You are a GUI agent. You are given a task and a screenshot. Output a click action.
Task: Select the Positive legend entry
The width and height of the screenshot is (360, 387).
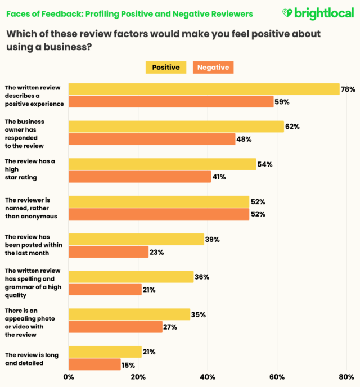tap(166, 67)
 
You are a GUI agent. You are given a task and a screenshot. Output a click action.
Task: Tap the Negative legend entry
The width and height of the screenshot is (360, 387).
tap(213, 67)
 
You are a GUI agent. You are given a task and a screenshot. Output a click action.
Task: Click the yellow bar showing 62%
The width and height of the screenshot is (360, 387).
tap(176, 127)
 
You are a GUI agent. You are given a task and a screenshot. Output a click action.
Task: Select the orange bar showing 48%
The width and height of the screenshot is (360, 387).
tap(152, 139)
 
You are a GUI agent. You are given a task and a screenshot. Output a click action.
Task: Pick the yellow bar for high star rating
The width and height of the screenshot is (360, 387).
tap(162, 164)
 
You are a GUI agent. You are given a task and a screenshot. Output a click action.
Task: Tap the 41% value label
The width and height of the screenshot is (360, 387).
tap(219, 177)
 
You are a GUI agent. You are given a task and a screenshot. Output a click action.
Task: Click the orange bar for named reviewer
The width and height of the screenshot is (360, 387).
tap(159, 214)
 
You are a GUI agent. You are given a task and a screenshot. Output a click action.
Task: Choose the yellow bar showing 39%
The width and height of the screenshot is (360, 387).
tap(136, 239)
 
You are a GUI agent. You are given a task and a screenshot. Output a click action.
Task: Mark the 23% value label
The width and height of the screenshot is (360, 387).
tap(156, 252)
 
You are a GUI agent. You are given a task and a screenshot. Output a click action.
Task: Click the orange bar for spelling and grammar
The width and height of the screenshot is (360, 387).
tap(105, 289)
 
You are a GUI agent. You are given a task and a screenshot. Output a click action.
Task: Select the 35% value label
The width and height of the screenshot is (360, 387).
tap(198, 314)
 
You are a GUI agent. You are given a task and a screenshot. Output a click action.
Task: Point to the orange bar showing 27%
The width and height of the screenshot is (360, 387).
tap(115, 327)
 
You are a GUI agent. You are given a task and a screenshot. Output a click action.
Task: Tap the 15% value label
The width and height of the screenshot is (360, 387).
tap(128, 364)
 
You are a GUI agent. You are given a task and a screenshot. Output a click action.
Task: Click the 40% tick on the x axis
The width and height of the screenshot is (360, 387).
tap(208, 377)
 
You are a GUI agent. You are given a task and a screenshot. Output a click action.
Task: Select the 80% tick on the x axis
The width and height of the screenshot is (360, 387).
tap(346, 377)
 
